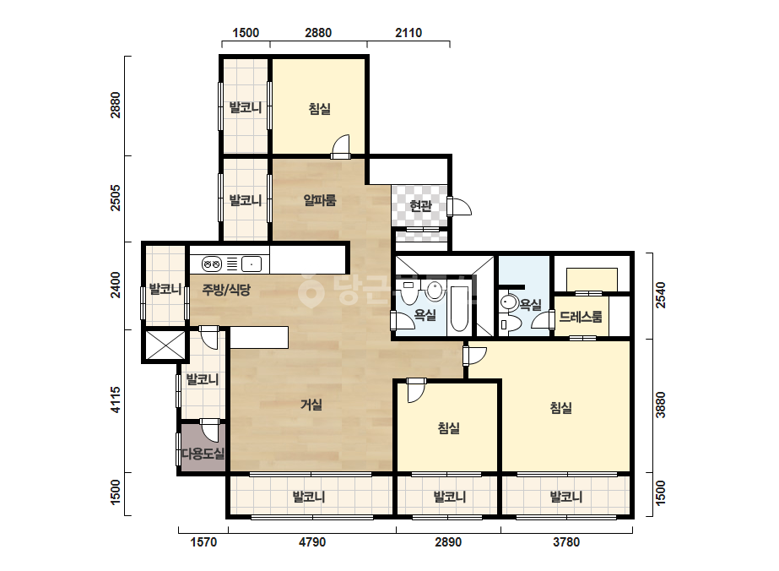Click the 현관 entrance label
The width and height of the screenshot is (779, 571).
pos(420,205)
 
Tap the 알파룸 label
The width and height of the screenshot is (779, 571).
pos(320,200)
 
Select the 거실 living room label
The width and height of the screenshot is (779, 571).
pos(311,405)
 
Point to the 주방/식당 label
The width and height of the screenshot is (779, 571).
pos(226,290)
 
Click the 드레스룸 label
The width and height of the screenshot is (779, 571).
pos(581,317)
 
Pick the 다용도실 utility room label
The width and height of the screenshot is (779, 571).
pos(203,453)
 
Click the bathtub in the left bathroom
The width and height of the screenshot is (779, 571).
pos(458,308)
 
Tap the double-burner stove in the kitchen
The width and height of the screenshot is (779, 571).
pos(212,264)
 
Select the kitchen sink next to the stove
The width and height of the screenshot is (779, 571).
pos(252,264)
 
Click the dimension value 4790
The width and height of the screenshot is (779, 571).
pos(312,541)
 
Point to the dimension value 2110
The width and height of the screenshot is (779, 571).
pos(408,33)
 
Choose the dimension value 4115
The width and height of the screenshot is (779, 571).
pos(116,400)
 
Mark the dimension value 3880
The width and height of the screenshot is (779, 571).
pos(660,405)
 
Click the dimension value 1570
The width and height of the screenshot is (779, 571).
pos(203,541)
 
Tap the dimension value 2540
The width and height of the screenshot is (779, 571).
pos(660,295)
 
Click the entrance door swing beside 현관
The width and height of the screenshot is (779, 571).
pos(459,206)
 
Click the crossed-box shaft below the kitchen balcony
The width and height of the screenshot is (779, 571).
pos(165,345)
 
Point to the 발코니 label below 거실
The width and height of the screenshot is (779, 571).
pos(309,497)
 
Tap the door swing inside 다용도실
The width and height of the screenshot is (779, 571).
pos(209,431)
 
